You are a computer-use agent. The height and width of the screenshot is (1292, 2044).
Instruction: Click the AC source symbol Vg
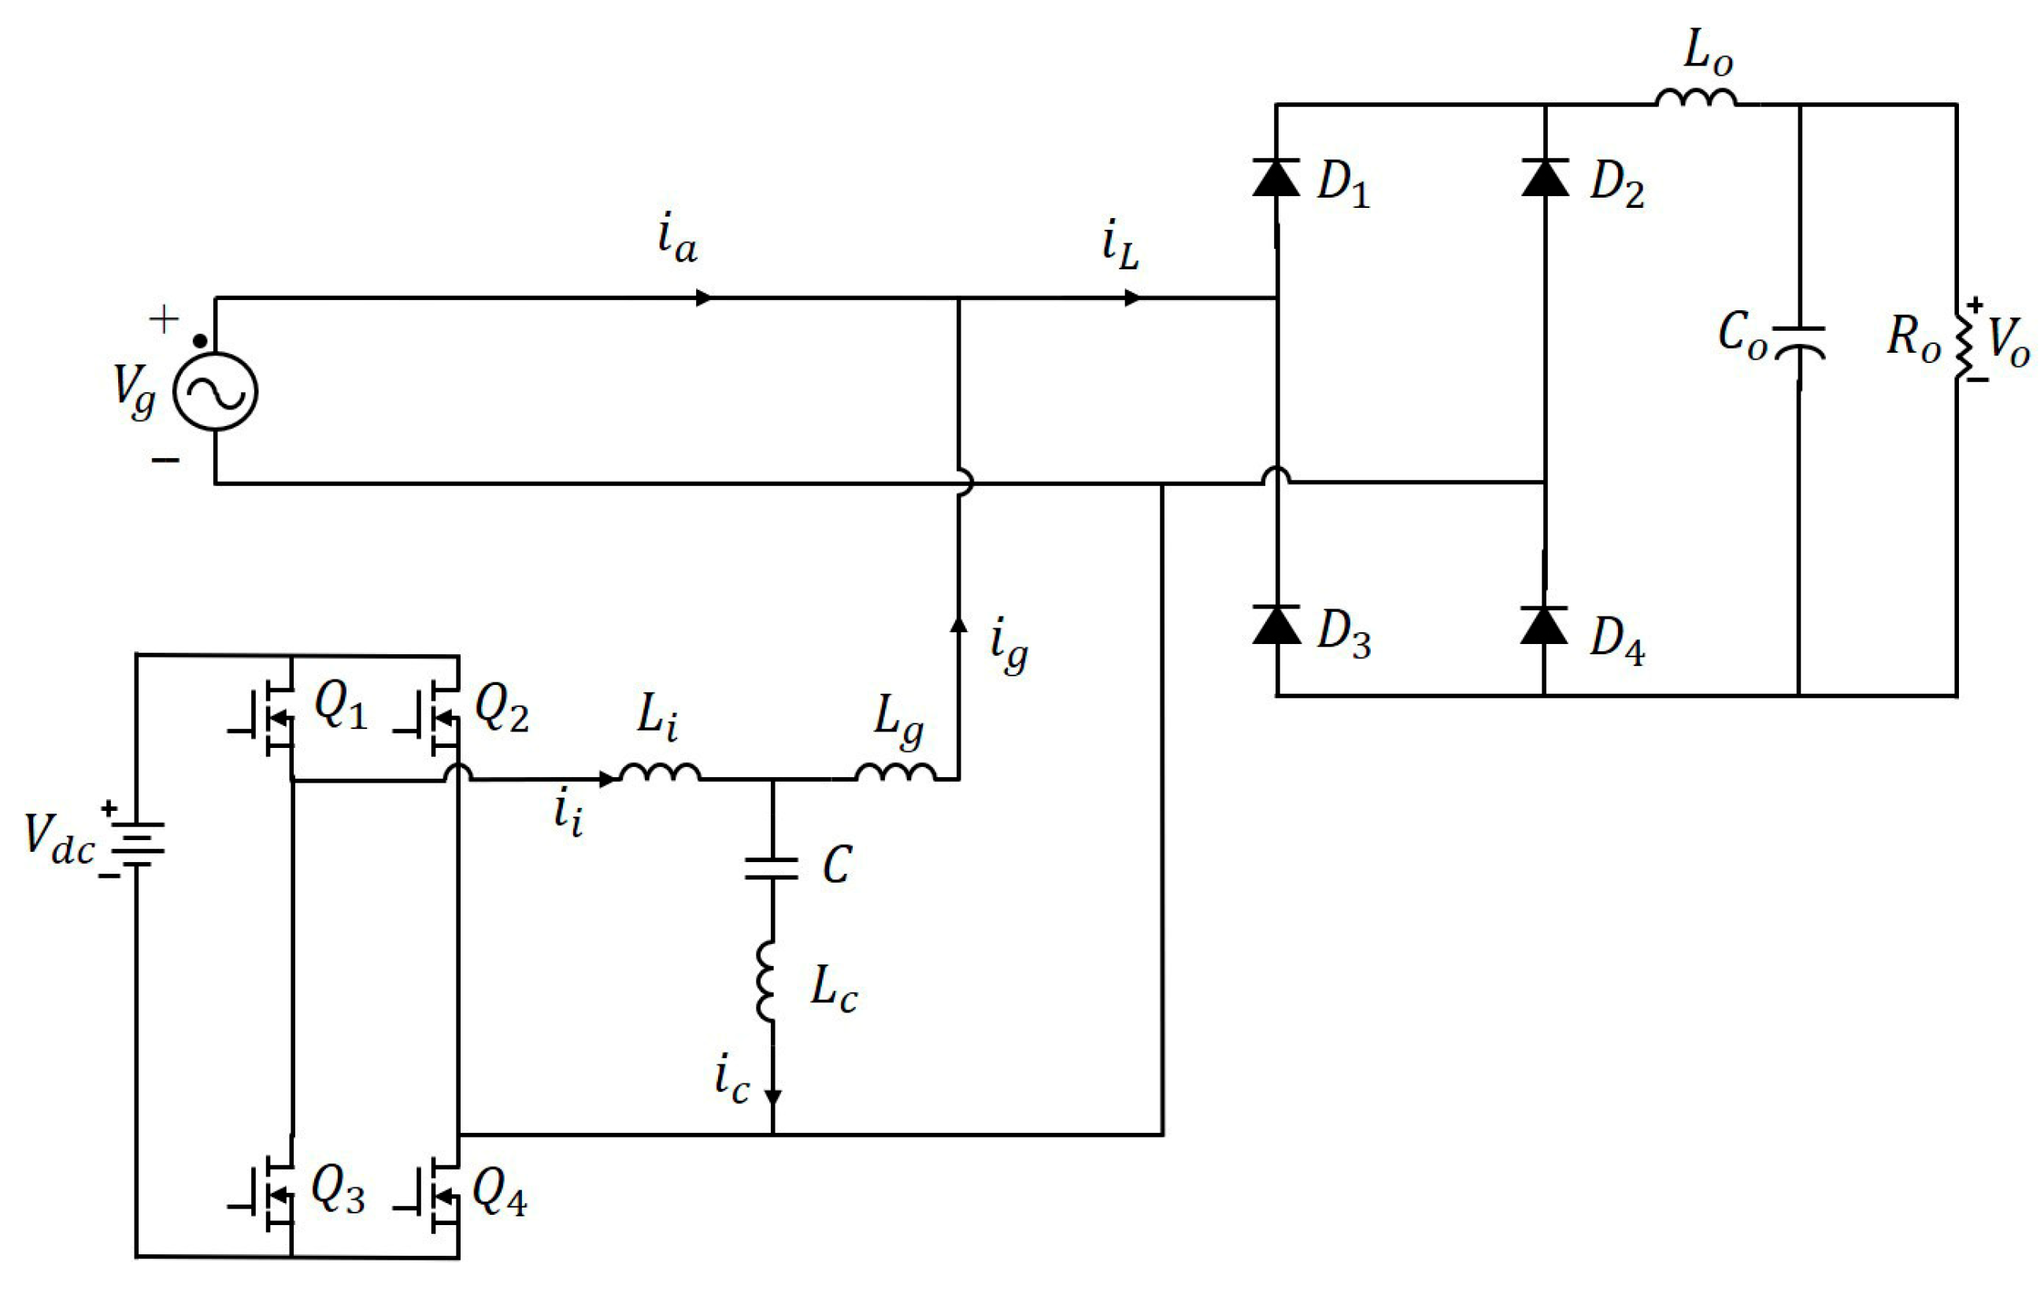tap(215, 391)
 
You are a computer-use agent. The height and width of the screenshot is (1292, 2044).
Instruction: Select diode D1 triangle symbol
tap(1276, 178)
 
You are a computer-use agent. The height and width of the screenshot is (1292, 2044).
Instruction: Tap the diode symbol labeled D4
tap(1544, 626)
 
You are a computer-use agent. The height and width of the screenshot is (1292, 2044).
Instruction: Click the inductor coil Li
tap(661, 772)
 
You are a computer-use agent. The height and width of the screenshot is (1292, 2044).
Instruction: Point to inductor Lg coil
tap(895, 772)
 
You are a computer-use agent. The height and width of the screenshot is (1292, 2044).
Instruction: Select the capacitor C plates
tap(772, 868)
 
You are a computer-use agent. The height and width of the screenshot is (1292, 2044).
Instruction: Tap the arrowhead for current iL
tap(1132, 298)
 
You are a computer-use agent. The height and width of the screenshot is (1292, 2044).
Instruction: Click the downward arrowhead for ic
tap(772, 1097)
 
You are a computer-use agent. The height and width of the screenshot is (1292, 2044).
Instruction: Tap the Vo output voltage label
tap(2009, 344)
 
